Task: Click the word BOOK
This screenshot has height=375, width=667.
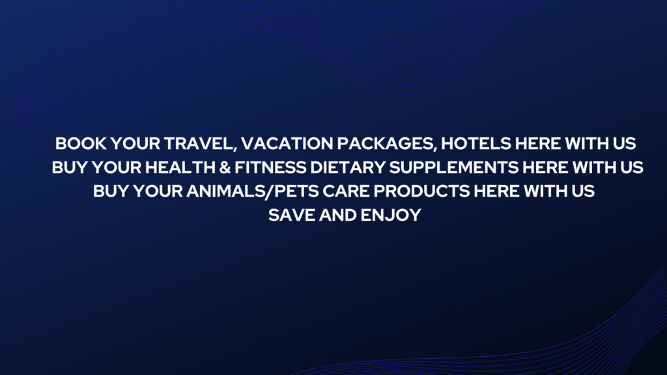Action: (81, 144)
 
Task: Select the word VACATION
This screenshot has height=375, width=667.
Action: (287, 144)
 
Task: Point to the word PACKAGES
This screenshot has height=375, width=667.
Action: (385, 144)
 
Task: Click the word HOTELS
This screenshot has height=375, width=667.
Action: (476, 144)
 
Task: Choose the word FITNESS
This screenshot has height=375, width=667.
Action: (270, 167)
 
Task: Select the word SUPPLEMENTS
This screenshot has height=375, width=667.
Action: (454, 167)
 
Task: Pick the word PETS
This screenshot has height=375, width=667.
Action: (297, 191)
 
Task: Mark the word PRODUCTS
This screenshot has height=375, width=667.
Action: (421, 191)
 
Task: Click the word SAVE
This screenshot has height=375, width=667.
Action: (292, 215)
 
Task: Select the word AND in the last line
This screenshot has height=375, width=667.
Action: (338, 215)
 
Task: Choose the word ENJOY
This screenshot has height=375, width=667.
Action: (391, 215)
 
